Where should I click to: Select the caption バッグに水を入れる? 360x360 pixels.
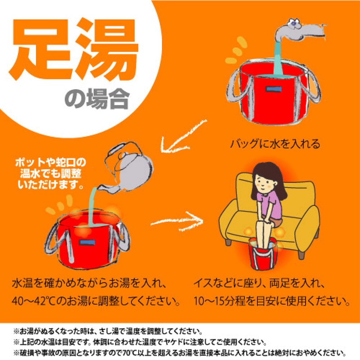(x=275, y=144)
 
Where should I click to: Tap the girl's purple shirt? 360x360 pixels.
(x=270, y=204)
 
